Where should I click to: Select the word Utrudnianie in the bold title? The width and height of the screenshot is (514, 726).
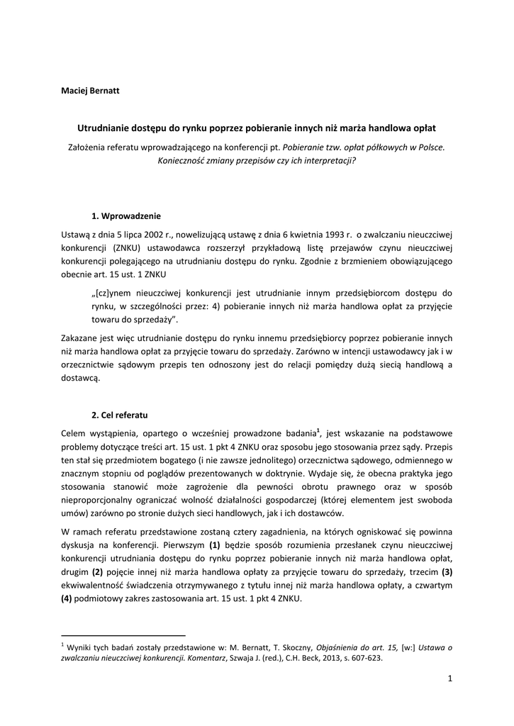click(104, 128)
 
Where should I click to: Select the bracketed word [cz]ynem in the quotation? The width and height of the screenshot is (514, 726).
click(116, 293)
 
